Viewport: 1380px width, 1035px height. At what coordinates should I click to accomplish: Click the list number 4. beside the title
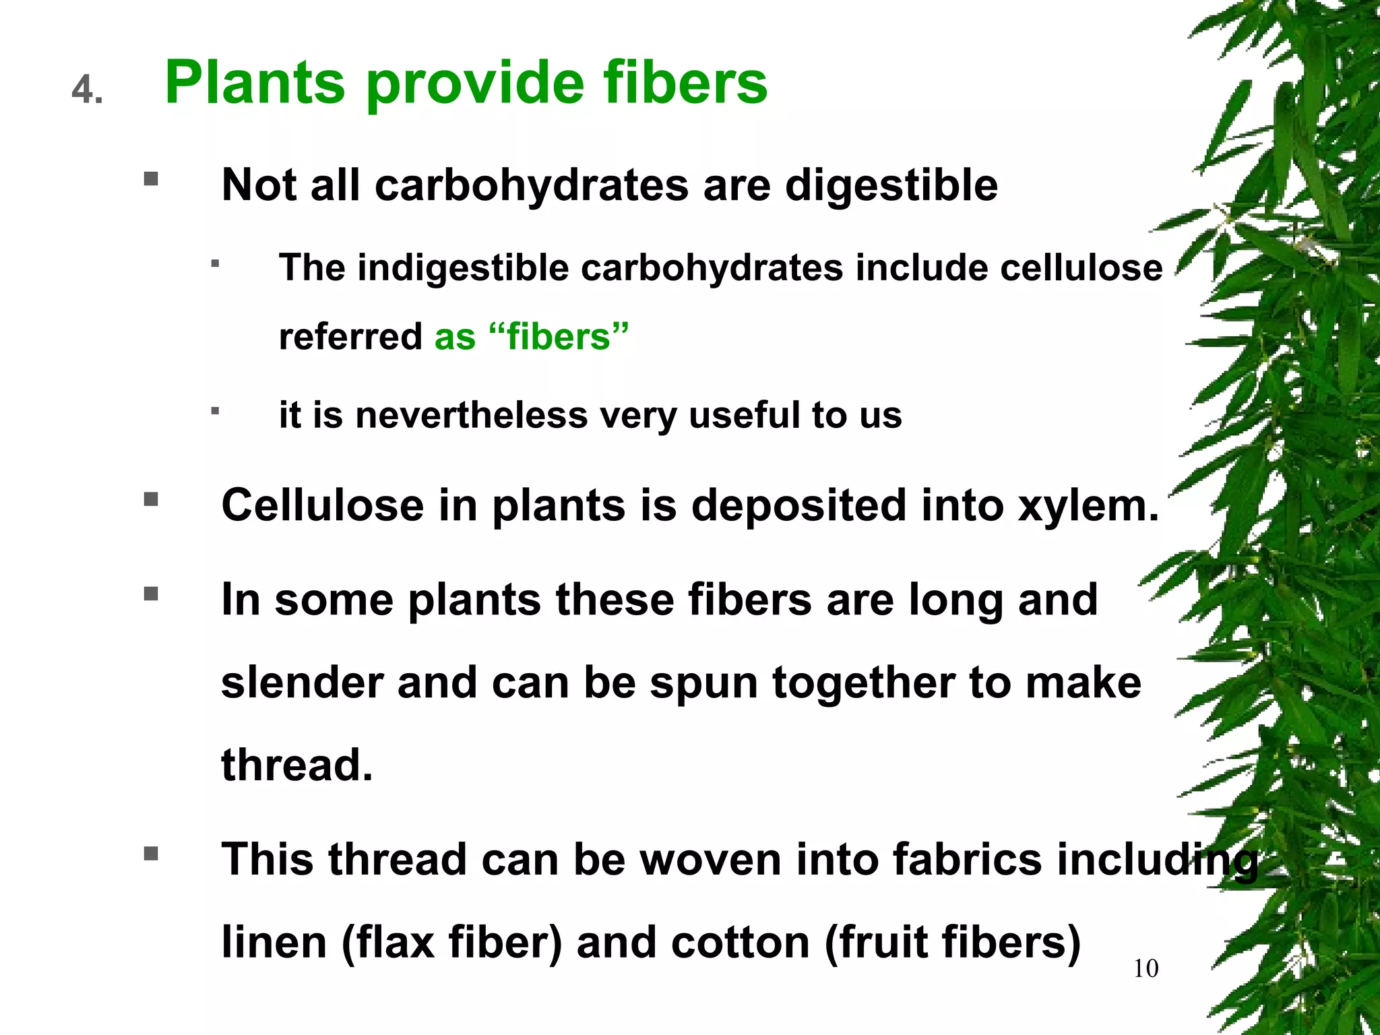[x=88, y=90]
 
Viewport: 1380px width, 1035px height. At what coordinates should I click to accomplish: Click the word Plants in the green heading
[x=255, y=84]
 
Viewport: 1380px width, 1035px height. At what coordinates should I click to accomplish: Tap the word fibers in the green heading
[x=685, y=84]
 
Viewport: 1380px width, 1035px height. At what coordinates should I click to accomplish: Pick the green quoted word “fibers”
[x=559, y=337]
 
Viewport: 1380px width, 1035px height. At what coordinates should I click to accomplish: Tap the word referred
[x=350, y=337]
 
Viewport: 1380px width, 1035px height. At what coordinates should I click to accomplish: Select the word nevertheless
[x=472, y=415]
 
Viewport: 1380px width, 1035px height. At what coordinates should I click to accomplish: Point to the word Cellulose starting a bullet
[x=322, y=506]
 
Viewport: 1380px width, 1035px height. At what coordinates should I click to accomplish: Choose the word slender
[x=302, y=683]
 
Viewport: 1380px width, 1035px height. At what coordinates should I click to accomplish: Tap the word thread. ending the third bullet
[x=296, y=766]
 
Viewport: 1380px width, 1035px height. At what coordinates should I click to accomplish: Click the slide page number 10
[x=1146, y=969]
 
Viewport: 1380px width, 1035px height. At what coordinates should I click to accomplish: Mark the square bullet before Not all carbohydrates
[x=151, y=179]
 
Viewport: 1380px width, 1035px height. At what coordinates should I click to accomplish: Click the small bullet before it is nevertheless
[x=215, y=410]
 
